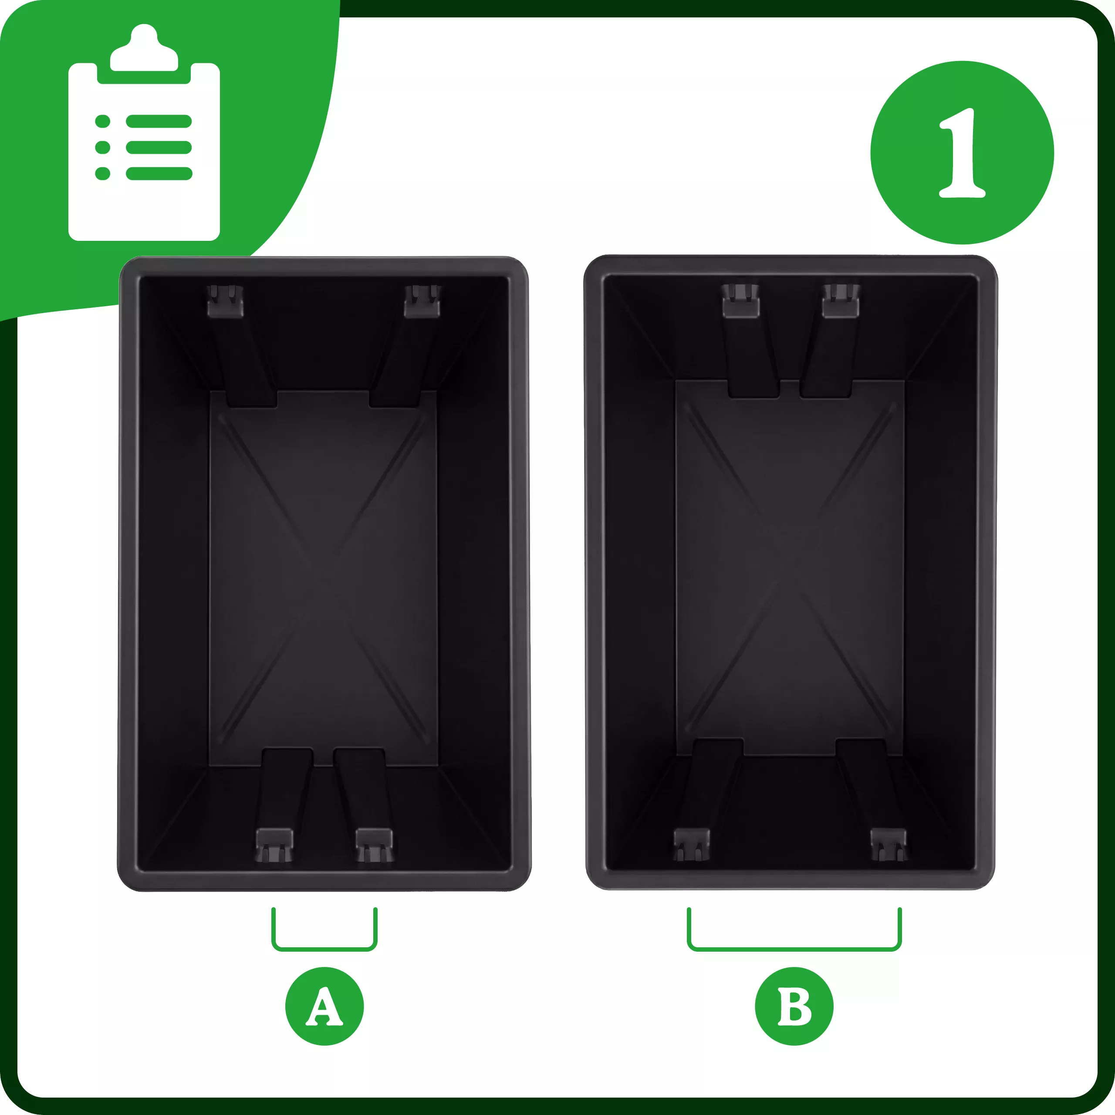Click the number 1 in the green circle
(x=962, y=153)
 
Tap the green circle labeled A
(x=324, y=1007)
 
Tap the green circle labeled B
(x=794, y=1007)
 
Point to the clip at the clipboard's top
(x=144, y=48)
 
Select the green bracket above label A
(x=324, y=948)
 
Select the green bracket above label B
(x=794, y=948)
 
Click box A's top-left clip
(x=226, y=301)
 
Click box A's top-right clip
(x=422, y=301)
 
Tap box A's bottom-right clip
(x=375, y=845)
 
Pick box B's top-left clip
(x=740, y=301)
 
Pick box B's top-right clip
(x=841, y=301)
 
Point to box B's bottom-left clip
(x=691, y=845)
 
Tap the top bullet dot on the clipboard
(x=103, y=121)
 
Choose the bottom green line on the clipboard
(x=159, y=173)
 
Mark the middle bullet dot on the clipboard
(x=103, y=147)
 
